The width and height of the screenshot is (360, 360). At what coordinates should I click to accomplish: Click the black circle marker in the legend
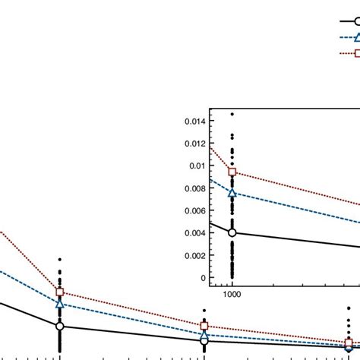354,22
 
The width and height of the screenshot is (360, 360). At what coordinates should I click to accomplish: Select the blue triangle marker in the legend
354,37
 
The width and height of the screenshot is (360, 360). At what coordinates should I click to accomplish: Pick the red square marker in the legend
354,52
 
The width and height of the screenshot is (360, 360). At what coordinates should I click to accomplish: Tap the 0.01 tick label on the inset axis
200,166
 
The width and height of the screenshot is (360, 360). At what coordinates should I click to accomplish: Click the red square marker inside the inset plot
232,172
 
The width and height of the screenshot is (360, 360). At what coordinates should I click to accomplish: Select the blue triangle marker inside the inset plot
232,193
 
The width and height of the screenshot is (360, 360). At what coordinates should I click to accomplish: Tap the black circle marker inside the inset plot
232,232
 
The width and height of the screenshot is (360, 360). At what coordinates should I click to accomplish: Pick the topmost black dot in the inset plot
232,114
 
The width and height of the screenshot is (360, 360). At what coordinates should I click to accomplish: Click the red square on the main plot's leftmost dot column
60,292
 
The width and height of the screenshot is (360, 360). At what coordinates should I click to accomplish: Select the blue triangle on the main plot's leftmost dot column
60,304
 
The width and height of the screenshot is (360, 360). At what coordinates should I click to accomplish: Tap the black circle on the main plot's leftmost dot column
60,327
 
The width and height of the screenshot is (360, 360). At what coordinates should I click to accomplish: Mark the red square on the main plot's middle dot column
204,327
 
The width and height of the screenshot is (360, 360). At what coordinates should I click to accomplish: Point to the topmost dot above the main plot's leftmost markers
60,259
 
